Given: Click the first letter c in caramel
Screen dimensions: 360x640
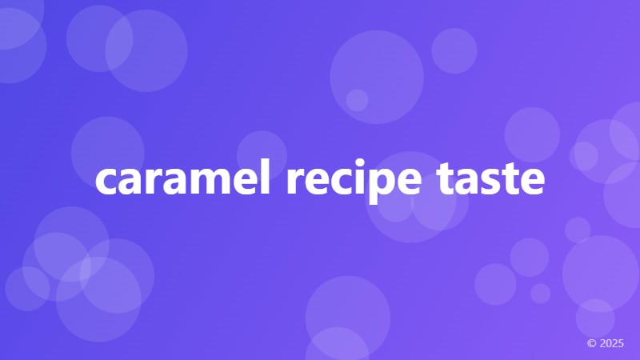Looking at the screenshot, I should pyautogui.click(x=106, y=183).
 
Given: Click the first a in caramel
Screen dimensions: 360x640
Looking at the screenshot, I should pyautogui.click(x=130, y=183).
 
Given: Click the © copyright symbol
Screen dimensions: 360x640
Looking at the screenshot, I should pyautogui.click(x=592, y=343).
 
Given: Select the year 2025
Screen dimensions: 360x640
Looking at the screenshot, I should pyautogui.click(x=611, y=343).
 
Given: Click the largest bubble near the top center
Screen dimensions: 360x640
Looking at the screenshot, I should pyautogui.click(x=376, y=77).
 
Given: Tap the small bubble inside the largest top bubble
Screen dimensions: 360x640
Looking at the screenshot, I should pyautogui.click(x=357, y=100).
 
